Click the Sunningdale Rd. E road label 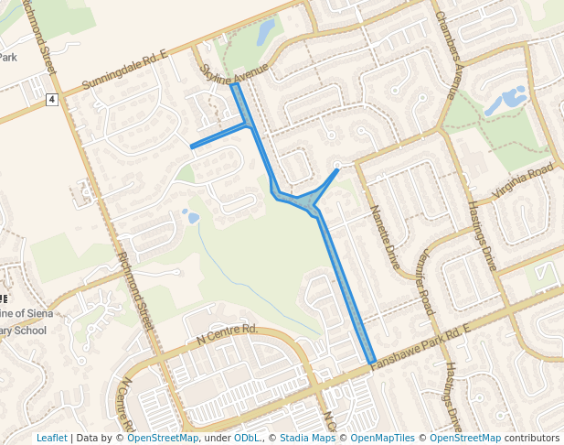pyautogui.click(x=124, y=71)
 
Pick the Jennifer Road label pyautogui.click(x=425, y=283)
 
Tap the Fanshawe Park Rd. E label pyautogui.click(x=421, y=347)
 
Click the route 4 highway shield pyautogui.click(x=53, y=99)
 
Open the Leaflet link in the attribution pyautogui.click(x=51, y=438)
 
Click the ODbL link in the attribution pyautogui.click(x=247, y=438)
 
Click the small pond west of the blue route pyautogui.click(x=191, y=217)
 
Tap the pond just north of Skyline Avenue pyautogui.click(x=265, y=33)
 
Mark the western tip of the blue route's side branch pyautogui.click(x=191, y=147)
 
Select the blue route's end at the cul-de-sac pyautogui.click(x=337, y=169)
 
